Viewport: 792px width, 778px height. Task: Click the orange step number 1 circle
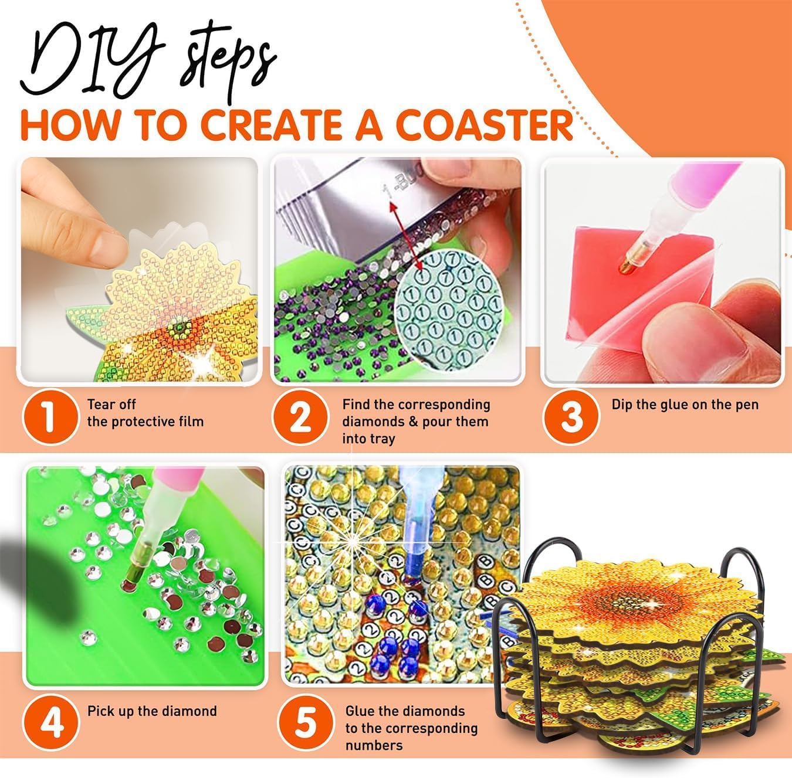[x=50, y=417]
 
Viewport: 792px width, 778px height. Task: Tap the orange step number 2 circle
[x=300, y=417]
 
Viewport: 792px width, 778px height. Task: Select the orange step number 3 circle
[x=571, y=417]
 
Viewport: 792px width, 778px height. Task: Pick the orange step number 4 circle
[x=52, y=723]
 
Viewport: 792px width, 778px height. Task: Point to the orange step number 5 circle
[x=305, y=723]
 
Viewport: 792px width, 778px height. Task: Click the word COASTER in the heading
[x=486, y=125]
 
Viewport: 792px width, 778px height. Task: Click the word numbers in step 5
[x=374, y=746]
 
